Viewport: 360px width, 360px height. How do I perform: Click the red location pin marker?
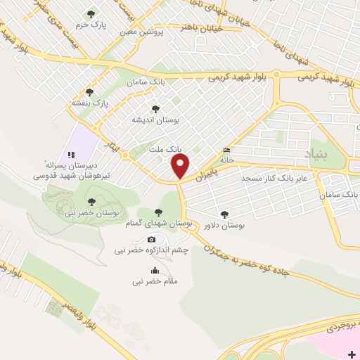pos(181,166)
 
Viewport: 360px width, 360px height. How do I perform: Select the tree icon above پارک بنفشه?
pos(89,91)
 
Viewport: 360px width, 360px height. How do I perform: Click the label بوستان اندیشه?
pos(156,120)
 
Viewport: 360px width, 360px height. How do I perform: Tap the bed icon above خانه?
pos(226,150)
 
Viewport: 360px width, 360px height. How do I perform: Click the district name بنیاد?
pos(316,153)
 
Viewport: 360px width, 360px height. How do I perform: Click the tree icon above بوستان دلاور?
pos(224,214)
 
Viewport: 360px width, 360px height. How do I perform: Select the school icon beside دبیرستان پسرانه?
pos(70,155)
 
